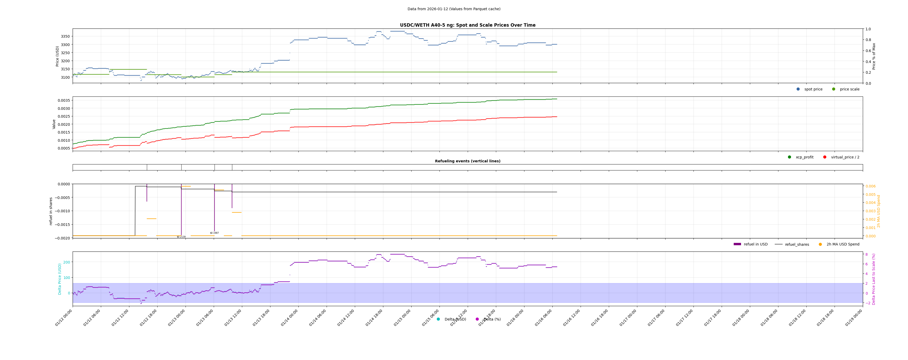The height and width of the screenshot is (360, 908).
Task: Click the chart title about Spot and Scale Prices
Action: click(467, 25)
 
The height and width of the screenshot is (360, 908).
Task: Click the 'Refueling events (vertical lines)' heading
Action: click(467, 161)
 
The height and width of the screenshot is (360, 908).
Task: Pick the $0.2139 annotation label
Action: click(181, 237)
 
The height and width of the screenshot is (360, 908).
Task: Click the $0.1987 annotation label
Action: click(214, 233)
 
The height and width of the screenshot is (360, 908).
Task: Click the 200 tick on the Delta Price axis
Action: click(66, 262)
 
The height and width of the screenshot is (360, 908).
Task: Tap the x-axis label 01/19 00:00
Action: click(854, 318)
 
